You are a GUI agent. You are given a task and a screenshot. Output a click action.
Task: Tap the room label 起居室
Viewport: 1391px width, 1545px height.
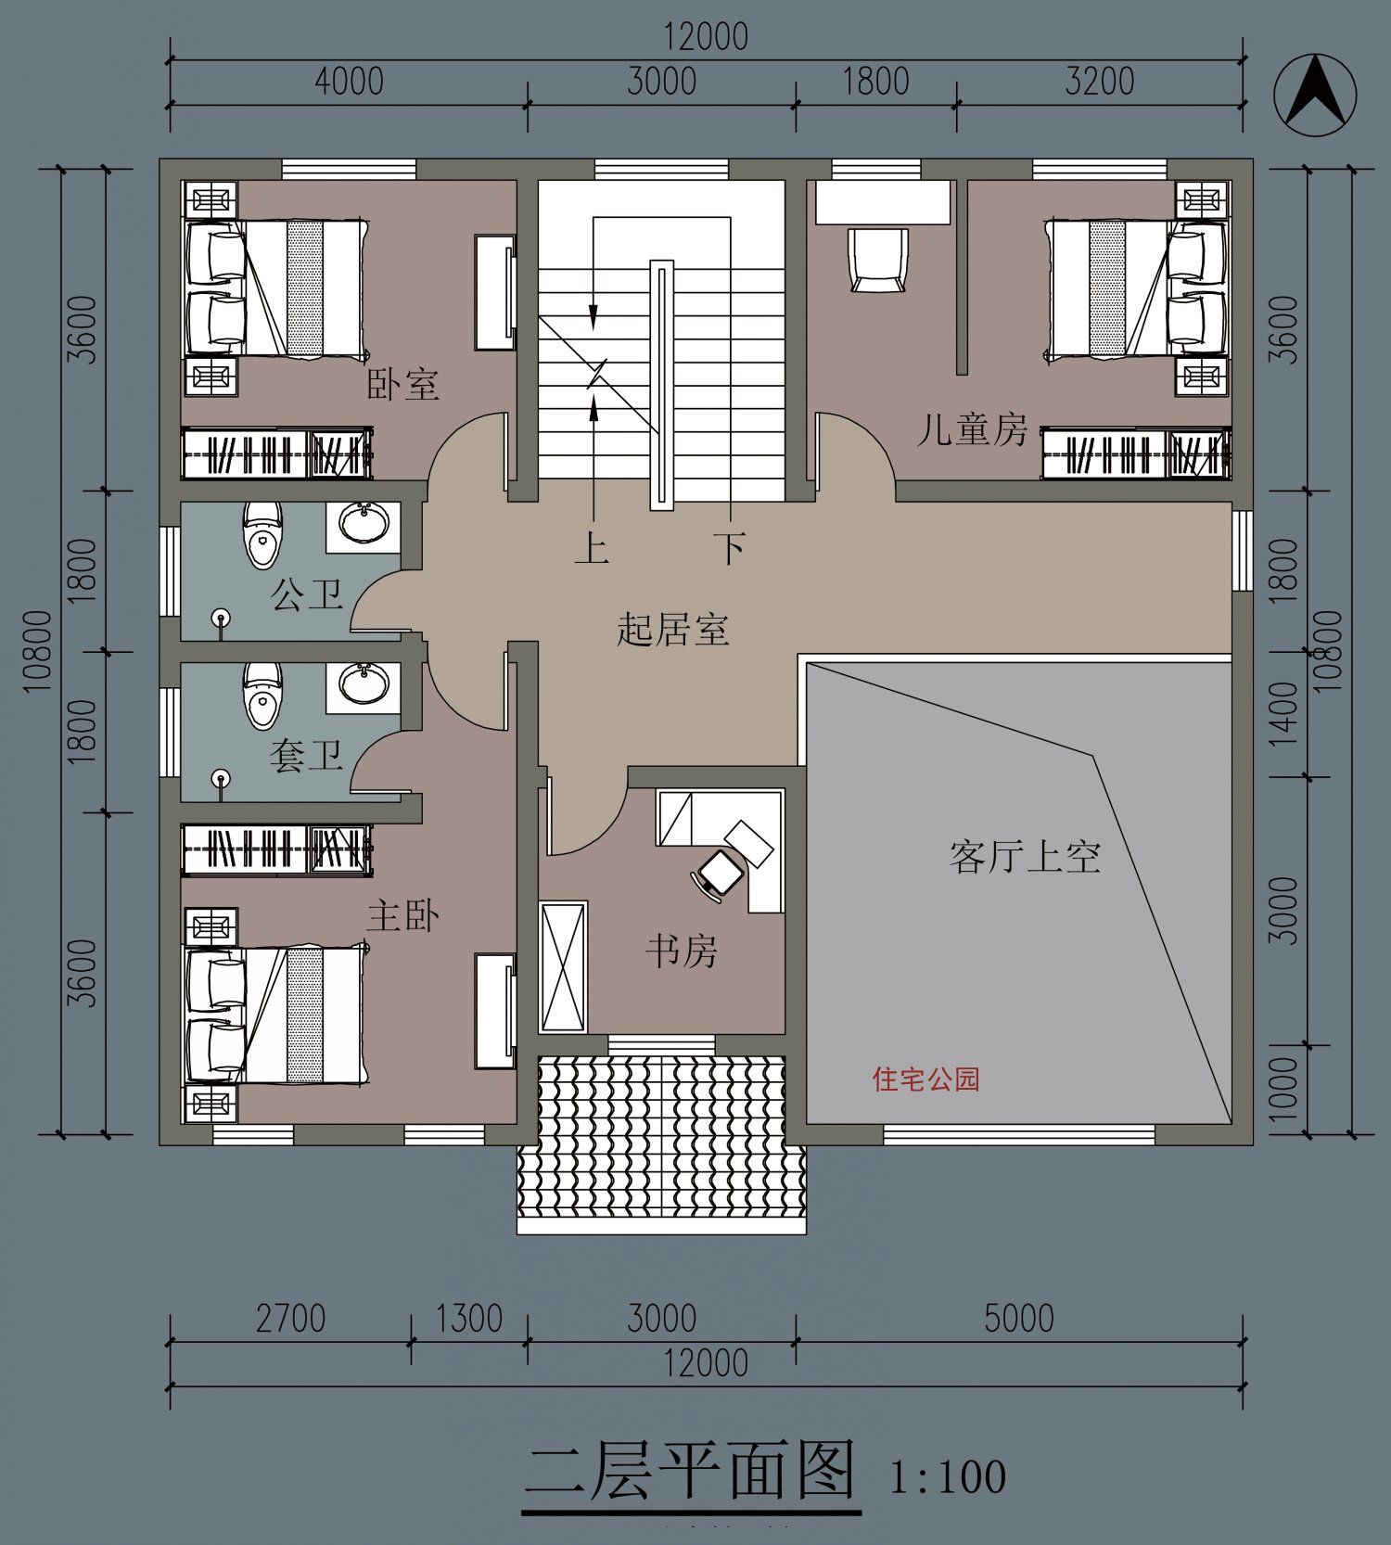click(673, 631)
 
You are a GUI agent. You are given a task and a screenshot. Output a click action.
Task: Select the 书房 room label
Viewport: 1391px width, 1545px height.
click(682, 951)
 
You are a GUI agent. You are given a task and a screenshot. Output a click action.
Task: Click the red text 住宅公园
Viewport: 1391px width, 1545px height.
click(925, 1079)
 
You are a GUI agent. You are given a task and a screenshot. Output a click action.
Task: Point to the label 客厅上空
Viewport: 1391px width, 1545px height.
click(1025, 857)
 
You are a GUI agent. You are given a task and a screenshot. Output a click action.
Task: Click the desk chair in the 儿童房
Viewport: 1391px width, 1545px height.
click(877, 260)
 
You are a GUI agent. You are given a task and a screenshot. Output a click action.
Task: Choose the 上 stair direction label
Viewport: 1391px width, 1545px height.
click(592, 547)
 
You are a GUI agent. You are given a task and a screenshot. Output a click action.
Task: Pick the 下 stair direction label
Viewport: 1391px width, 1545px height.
click(730, 547)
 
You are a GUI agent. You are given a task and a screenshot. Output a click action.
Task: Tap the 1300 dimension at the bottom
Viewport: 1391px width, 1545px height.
click(469, 1319)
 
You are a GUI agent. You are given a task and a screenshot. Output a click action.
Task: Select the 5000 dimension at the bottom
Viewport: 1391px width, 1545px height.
click(1018, 1319)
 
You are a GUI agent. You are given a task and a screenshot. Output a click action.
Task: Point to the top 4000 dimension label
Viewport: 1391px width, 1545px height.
click(349, 82)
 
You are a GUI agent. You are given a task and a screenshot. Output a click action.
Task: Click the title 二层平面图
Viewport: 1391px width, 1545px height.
click(691, 1472)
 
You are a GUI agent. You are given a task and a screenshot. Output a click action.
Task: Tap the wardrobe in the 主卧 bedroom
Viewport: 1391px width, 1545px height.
click(276, 849)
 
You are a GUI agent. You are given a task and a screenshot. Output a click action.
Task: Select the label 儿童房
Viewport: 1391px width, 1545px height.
click(972, 429)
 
